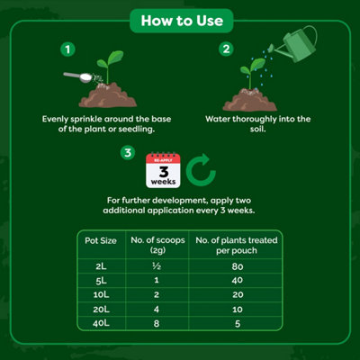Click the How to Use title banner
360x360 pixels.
(180, 17)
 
